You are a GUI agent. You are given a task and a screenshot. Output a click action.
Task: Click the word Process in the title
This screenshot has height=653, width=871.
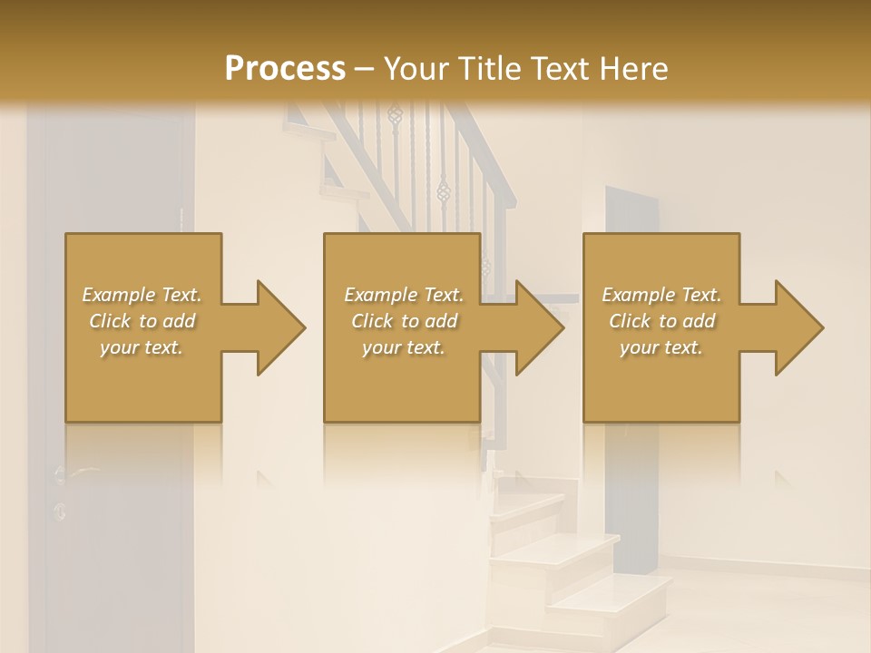click(x=285, y=68)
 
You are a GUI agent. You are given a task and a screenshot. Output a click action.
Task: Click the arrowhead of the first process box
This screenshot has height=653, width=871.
click(x=281, y=327)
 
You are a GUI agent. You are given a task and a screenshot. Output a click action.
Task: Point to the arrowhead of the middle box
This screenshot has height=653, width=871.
click(x=540, y=327)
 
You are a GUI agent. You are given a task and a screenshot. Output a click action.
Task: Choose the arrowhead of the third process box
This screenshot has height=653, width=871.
click(x=799, y=327)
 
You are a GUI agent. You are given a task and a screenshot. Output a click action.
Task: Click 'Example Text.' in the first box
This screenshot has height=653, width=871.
click(x=142, y=295)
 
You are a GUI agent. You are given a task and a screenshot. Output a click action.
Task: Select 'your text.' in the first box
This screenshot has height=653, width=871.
click(x=142, y=347)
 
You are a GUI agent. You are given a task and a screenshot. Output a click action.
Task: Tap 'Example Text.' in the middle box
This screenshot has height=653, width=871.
click(x=404, y=295)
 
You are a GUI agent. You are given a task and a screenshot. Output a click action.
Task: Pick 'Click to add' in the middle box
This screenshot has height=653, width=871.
click(x=404, y=321)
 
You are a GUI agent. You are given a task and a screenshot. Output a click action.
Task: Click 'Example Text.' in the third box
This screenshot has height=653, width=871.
click(x=661, y=295)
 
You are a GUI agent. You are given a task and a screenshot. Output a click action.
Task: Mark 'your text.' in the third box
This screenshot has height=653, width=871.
click(x=661, y=347)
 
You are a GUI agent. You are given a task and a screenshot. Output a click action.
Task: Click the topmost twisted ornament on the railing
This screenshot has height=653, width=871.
click(x=395, y=114)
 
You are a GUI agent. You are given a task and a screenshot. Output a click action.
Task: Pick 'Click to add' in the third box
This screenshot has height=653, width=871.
click(x=661, y=321)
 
